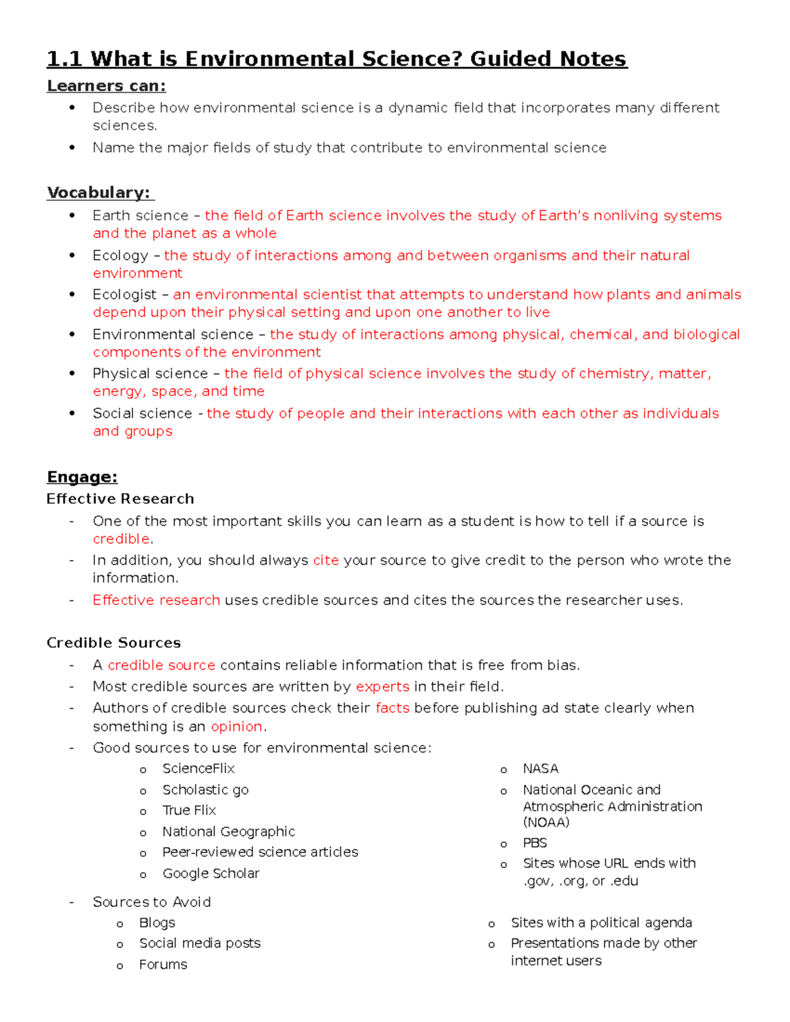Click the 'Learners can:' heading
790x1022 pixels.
pos(106,86)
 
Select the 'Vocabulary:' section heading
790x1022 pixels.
pos(99,193)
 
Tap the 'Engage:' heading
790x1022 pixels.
pos(82,477)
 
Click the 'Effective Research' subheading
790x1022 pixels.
pos(120,499)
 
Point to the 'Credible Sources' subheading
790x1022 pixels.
pos(113,643)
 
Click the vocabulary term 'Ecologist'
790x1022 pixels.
pos(124,295)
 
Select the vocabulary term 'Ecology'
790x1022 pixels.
pos(120,255)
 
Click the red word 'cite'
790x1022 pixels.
pos(326,560)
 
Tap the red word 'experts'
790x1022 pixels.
pos(382,686)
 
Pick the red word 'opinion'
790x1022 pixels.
pos(236,727)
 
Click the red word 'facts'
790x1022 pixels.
pos(392,708)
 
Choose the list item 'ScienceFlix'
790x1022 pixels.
pos(198,769)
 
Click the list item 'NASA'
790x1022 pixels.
pos(540,769)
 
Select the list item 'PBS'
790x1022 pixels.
pos(535,843)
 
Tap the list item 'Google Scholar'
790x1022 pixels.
pos(211,873)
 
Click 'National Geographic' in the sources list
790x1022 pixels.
pos(228,832)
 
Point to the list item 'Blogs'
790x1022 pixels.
pos(157,923)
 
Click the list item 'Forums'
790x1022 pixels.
pos(163,965)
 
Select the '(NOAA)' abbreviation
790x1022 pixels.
pos(546,822)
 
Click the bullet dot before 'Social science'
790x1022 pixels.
pos(72,413)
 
